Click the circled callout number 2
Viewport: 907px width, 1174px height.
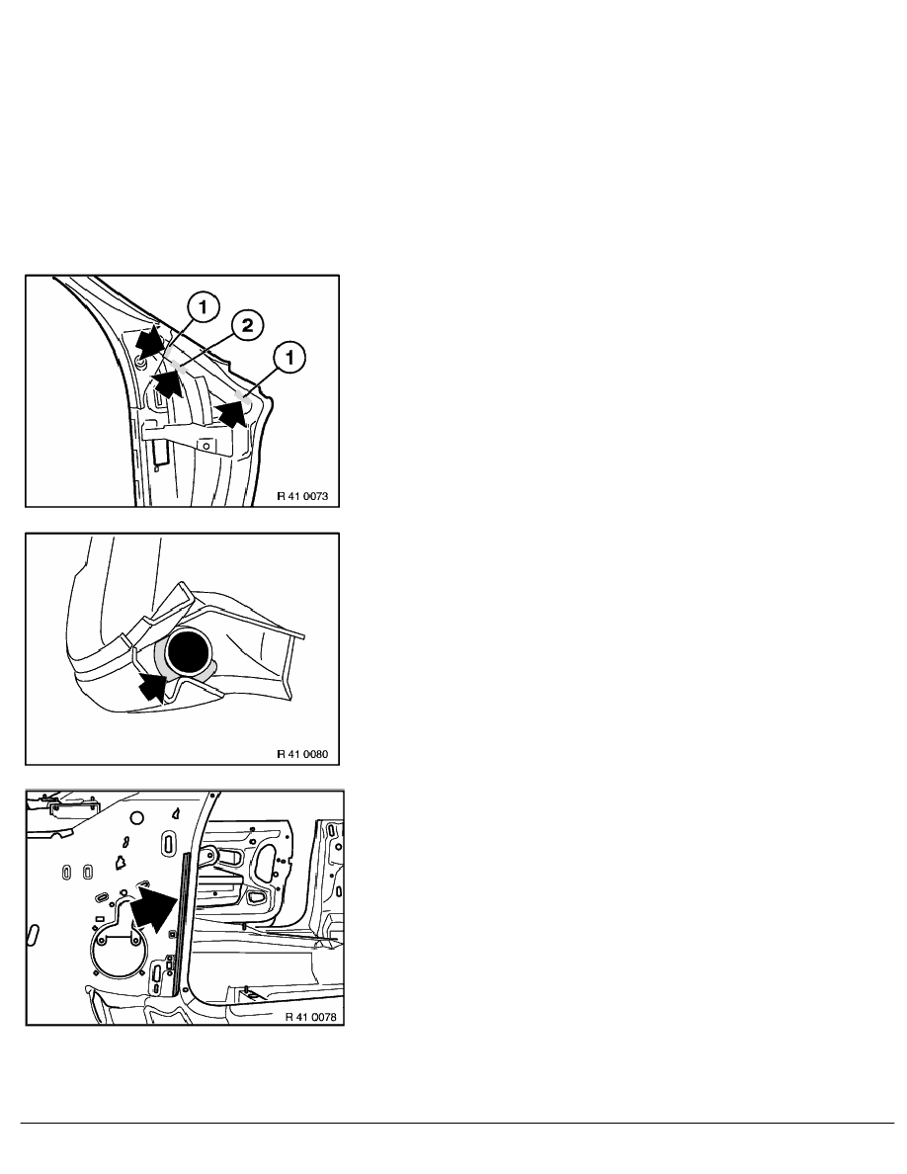click(247, 326)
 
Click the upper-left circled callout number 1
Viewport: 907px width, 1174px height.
click(204, 306)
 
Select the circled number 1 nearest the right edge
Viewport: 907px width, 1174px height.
click(289, 357)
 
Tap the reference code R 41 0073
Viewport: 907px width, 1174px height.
click(302, 496)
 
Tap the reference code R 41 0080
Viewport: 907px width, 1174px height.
click(302, 754)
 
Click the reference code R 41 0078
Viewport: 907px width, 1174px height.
click(310, 1017)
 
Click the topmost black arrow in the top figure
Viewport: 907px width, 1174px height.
click(149, 341)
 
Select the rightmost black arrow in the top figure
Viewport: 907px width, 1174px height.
click(231, 412)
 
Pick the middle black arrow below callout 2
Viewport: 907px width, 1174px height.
click(168, 383)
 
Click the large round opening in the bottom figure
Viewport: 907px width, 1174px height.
click(116, 950)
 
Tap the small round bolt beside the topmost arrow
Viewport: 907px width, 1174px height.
click(140, 363)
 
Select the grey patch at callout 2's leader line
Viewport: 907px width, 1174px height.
click(181, 367)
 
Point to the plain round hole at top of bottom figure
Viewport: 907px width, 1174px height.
click(136, 817)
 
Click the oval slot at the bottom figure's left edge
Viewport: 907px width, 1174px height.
click(33, 935)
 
